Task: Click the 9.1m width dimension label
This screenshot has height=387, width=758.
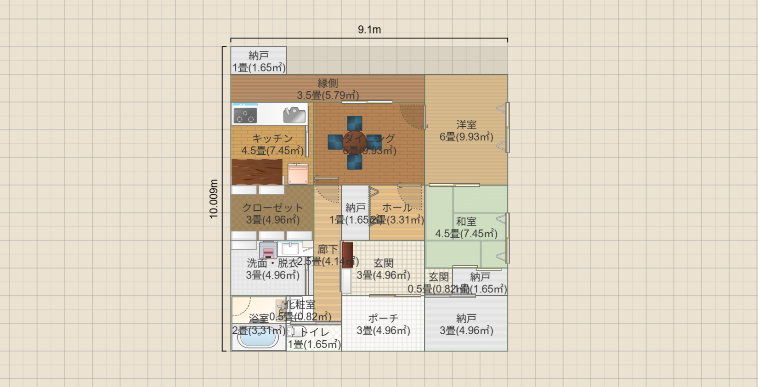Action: (x=369, y=30)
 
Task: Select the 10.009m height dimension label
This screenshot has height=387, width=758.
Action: (x=214, y=199)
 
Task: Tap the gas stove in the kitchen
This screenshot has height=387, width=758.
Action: (x=244, y=114)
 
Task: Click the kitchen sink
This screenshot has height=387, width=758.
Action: (x=294, y=115)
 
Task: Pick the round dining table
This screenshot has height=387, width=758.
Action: (x=355, y=142)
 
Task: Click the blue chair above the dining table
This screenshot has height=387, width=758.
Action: (x=355, y=123)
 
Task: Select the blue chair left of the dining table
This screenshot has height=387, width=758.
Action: (x=335, y=142)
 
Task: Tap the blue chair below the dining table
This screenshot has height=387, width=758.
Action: (x=355, y=162)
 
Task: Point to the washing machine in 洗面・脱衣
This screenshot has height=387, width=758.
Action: (x=268, y=251)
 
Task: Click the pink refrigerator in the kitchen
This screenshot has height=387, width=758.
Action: (x=298, y=174)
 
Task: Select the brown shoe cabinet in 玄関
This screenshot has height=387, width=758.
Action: (x=347, y=255)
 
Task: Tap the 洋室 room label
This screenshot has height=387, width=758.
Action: (x=466, y=125)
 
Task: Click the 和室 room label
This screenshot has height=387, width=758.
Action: (x=466, y=222)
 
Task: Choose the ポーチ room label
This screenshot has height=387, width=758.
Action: (x=383, y=319)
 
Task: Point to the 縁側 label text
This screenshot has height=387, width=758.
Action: (x=328, y=84)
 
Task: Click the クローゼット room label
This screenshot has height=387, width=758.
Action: (x=272, y=208)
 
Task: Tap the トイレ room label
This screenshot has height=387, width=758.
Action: (x=316, y=332)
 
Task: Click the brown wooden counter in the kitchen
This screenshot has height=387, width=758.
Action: (x=257, y=171)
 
